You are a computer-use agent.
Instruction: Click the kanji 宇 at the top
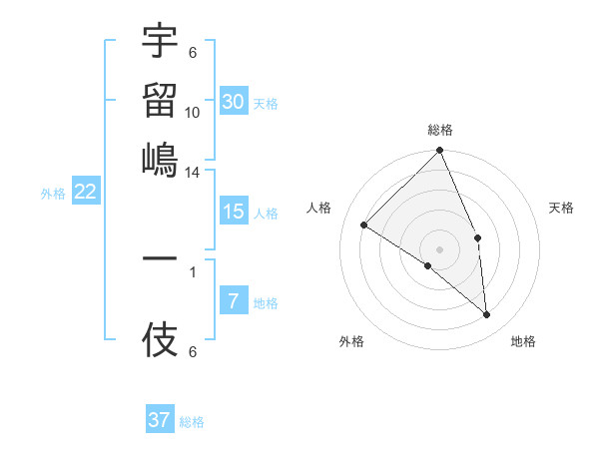(x=160, y=42)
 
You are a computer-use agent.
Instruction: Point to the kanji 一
(x=160, y=257)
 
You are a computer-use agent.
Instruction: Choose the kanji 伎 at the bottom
(x=160, y=342)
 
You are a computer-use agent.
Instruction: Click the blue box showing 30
(x=234, y=101)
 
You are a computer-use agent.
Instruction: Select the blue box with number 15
(x=234, y=212)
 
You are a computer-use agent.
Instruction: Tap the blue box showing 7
(x=234, y=301)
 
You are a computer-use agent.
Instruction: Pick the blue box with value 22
(x=85, y=193)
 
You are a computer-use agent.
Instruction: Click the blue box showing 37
(x=160, y=420)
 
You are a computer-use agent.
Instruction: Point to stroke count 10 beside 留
(x=193, y=112)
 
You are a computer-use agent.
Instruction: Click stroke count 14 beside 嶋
(x=193, y=172)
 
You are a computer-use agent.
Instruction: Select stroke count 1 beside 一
(x=193, y=269)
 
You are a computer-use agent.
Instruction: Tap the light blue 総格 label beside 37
(x=193, y=422)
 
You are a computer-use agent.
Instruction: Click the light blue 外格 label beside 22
(x=53, y=194)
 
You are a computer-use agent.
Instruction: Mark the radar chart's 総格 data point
(x=439, y=152)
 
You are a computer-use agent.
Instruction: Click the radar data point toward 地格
(x=486, y=315)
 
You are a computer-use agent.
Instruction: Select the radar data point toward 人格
(x=364, y=225)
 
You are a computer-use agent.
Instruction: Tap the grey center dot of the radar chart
(x=439, y=248)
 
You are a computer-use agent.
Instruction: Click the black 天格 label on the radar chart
(x=561, y=208)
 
